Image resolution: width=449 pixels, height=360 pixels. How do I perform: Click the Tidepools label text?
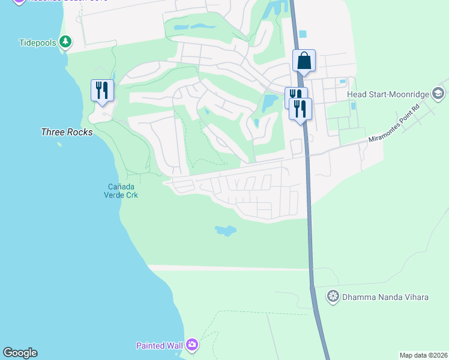[x=37, y=43]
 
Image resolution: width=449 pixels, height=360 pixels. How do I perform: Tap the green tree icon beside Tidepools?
[x=65, y=42]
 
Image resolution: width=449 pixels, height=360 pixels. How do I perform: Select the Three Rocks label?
[x=67, y=132]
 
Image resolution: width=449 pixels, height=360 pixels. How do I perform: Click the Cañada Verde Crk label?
[x=121, y=190]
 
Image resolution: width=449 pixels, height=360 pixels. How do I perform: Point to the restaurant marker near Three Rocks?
[x=101, y=91]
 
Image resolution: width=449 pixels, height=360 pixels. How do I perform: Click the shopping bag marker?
[x=304, y=61]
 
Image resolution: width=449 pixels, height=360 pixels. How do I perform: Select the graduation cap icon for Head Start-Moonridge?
[x=438, y=94]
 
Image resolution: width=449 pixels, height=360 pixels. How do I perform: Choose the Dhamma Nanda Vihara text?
[x=385, y=296]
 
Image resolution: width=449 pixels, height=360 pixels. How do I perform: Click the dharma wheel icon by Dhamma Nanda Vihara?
[x=333, y=296]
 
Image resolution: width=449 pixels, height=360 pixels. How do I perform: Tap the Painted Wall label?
[x=160, y=345]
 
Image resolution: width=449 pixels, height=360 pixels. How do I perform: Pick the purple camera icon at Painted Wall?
[x=192, y=344]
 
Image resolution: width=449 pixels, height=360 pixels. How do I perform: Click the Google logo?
[x=20, y=353]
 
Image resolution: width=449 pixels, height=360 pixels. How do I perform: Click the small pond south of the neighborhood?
[x=225, y=230]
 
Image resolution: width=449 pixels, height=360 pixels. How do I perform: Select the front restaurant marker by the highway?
[x=300, y=109]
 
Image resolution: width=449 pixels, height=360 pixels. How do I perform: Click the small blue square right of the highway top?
[x=302, y=34]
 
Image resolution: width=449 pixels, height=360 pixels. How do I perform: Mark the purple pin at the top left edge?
[x=19, y=2]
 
